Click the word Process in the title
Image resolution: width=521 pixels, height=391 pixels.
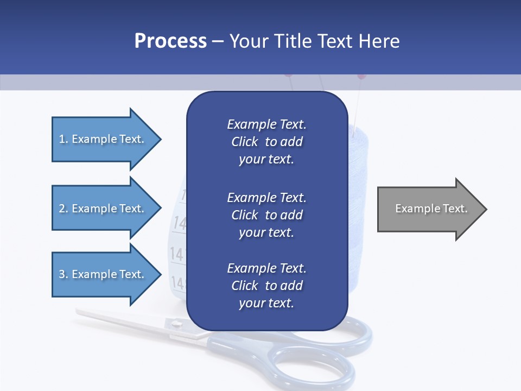click(170, 41)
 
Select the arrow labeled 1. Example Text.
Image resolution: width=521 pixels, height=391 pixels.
click(103, 139)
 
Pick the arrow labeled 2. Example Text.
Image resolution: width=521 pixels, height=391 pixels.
click(103, 209)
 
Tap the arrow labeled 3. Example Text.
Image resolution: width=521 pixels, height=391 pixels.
click(103, 274)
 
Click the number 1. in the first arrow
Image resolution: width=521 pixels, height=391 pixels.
click(63, 139)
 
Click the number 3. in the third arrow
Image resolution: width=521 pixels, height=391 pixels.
click(63, 274)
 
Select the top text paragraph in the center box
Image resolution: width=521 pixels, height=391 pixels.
click(266, 142)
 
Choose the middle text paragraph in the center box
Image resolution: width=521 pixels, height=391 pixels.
click(266, 215)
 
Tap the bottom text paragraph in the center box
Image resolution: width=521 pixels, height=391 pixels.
click(266, 286)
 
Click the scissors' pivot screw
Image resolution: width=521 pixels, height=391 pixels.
click(176, 324)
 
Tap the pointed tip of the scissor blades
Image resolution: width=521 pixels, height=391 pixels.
click(79, 312)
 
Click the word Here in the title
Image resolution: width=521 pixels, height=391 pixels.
click(379, 41)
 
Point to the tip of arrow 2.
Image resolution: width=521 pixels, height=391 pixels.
click(160, 209)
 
